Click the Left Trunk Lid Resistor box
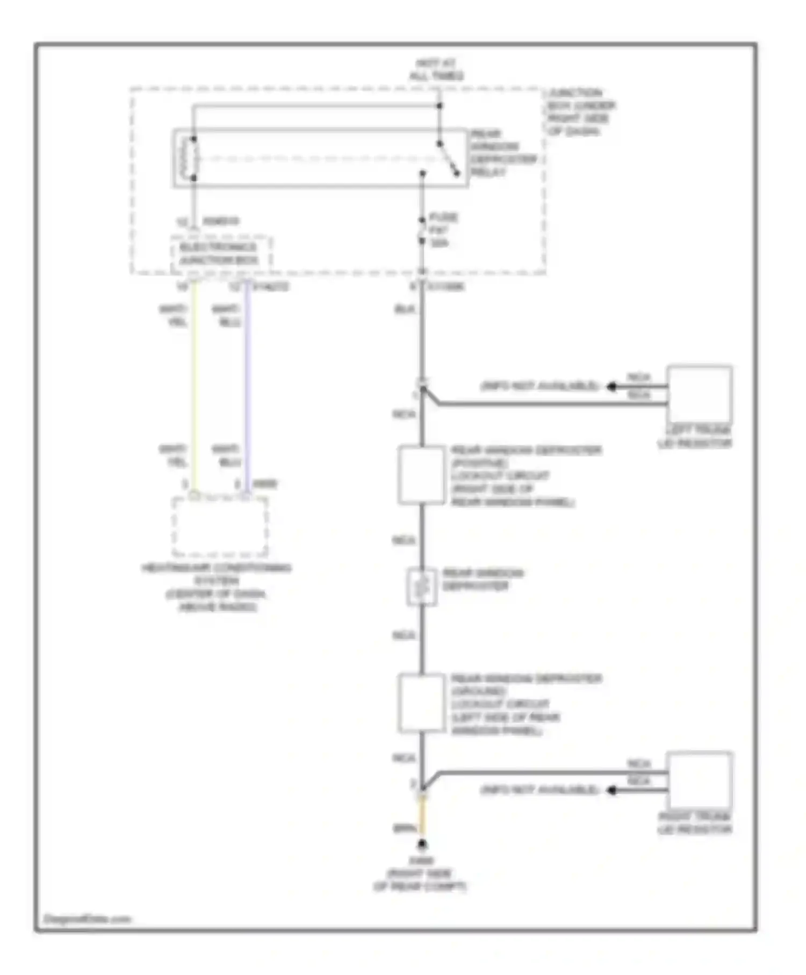tap(699, 395)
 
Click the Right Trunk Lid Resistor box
tap(699, 781)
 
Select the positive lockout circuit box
tap(422, 475)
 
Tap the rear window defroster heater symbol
tap(422, 587)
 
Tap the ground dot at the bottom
tap(423, 844)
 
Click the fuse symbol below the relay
tap(423, 231)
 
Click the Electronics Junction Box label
tap(219, 254)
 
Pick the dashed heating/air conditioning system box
tap(220, 527)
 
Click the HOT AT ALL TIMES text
tap(436, 70)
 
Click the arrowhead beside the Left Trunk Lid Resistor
tap(611, 386)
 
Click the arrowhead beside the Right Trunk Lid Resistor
tap(611, 790)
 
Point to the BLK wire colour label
tap(405, 310)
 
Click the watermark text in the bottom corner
tap(87, 919)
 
